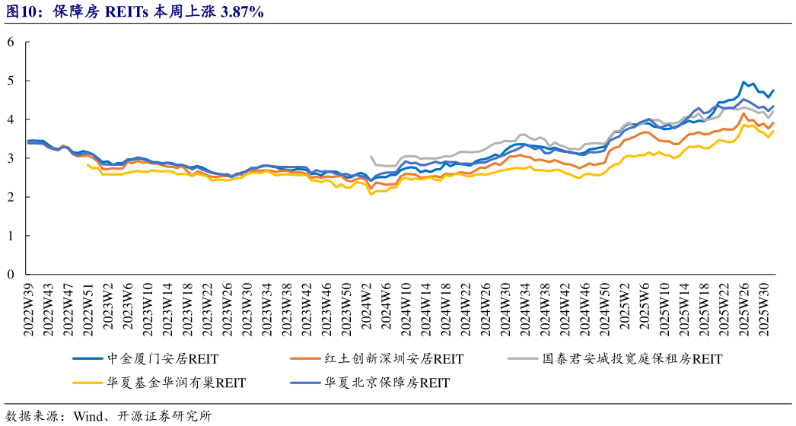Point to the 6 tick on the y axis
pyautogui.click(x=11, y=42)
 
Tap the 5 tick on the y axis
pyautogui.click(x=11, y=81)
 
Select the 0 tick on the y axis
pyautogui.click(x=11, y=274)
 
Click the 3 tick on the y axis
pyautogui.click(x=11, y=158)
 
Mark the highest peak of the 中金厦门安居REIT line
pyautogui.click(x=743, y=82)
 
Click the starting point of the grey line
pyautogui.click(x=371, y=157)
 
